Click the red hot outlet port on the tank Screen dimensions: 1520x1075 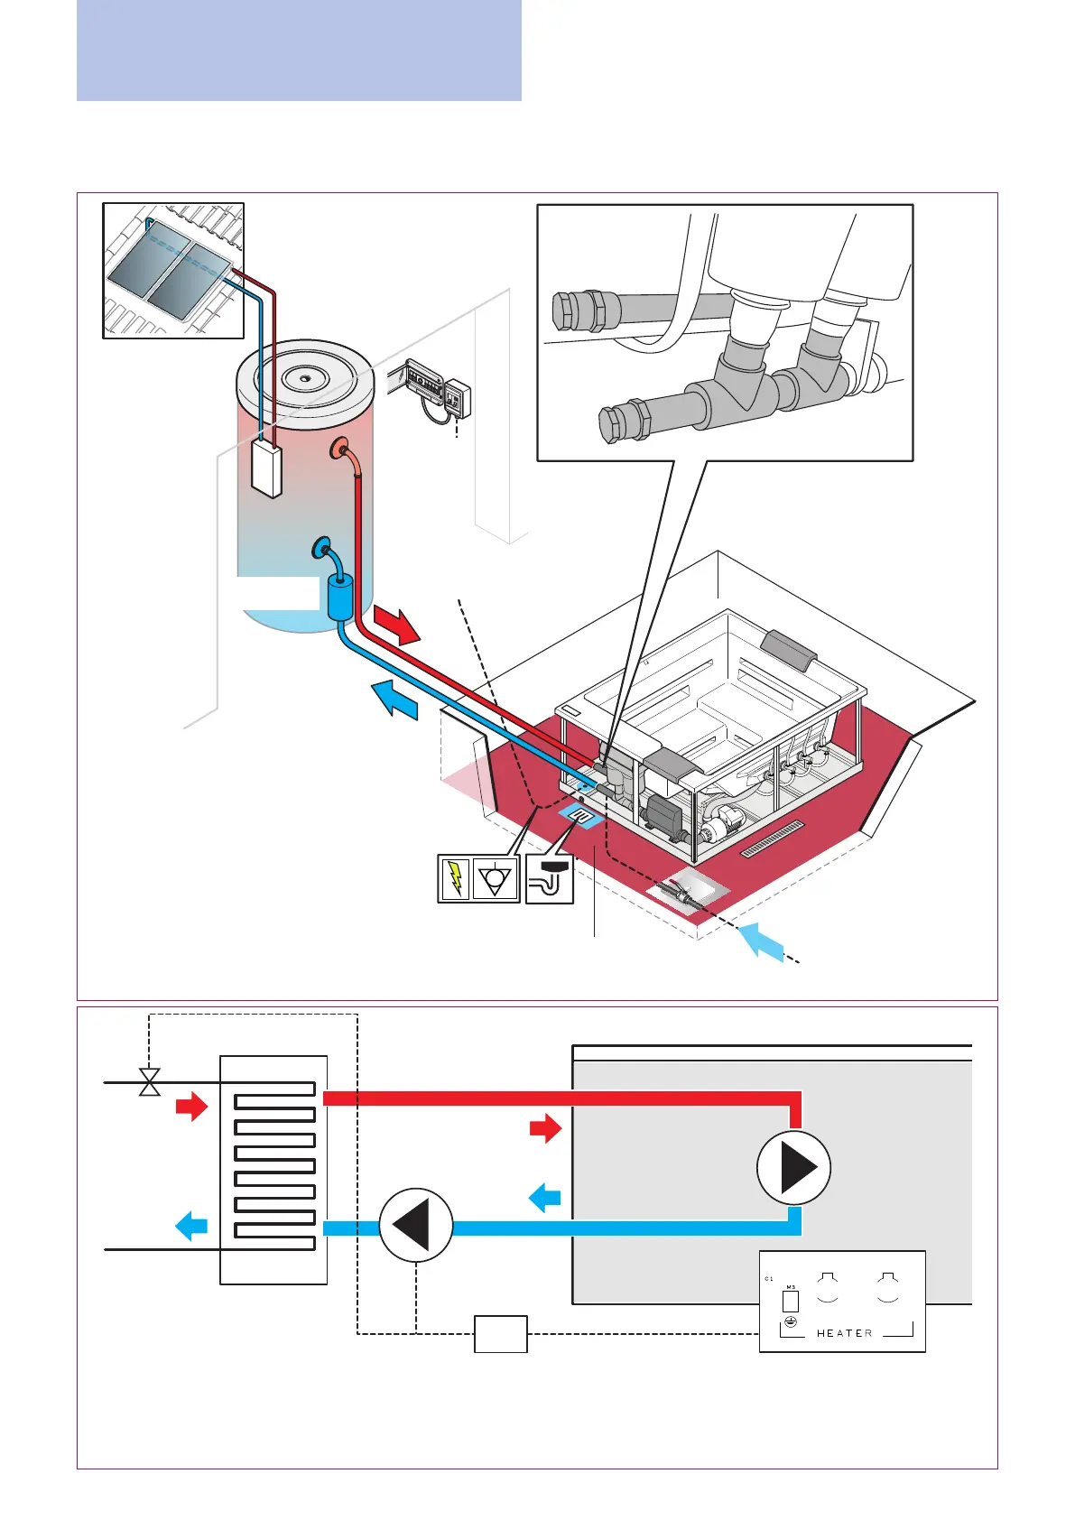(340, 449)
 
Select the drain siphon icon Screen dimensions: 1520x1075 (550, 878)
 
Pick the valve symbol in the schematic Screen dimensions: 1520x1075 (150, 1081)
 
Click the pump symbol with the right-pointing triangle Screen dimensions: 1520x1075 (793, 1168)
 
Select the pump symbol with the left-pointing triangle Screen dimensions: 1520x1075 (415, 1225)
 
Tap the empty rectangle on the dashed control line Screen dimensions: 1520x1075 (501, 1334)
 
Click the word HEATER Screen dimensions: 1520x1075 (844, 1333)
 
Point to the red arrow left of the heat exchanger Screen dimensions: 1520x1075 (191, 1107)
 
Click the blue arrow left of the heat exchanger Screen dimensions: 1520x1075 (191, 1227)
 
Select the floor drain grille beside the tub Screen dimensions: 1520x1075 (772, 839)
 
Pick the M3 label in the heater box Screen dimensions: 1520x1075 (791, 1287)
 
